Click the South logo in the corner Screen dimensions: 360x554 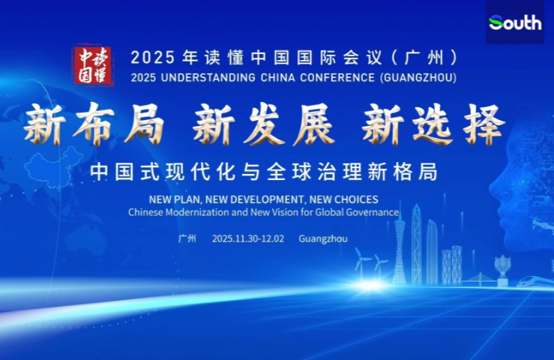pyautogui.click(x=515, y=22)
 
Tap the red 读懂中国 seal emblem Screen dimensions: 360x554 pyautogui.click(x=93, y=65)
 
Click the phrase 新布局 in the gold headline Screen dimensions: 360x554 pyautogui.click(x=93, y=124)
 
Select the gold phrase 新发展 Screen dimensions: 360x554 pyautogui.click(x=262, y=124)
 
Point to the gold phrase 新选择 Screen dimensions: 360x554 pyautogui.click(x=433, y=124)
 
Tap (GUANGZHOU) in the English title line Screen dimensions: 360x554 pyautogui.click(x=418, y=76)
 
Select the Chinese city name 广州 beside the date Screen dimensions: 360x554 pyautogui.click(x=187, y=238)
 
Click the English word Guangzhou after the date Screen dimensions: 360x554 pyautogui.click(x=322, y=238)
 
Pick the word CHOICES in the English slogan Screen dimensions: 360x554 pyautogui.click(x=354, y=199)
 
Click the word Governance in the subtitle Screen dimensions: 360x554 pyautogui.click(x=373, y=213)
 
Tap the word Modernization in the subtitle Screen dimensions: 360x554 pyautogui.click(x=196, y=213)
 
